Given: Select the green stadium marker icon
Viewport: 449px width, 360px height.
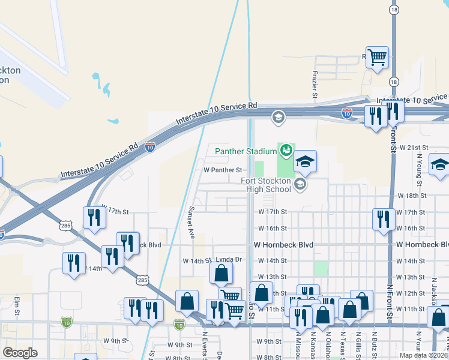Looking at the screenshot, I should (x=286, y=149).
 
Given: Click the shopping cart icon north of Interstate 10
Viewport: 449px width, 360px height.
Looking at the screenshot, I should (x=378, y=58).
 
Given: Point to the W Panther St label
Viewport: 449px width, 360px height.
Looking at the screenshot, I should (x=223, y=170).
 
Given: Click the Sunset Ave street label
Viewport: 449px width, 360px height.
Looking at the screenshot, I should (x=192, y=222).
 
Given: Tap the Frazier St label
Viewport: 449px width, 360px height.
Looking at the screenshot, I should (x=315, y=83).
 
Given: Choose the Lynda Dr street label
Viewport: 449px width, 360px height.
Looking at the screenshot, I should (x=228, y=260).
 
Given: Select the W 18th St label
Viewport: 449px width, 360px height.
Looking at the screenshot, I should (x=412, y=196).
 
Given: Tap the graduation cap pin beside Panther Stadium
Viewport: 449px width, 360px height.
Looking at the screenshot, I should (x=305, y=161).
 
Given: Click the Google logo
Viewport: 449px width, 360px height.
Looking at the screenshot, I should (x=20, y=353).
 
